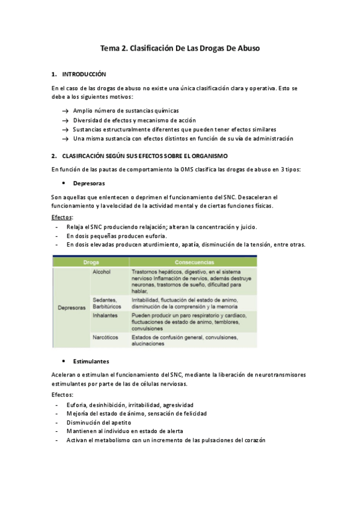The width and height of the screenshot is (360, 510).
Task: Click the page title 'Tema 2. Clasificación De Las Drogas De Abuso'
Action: click(x=180, y=48)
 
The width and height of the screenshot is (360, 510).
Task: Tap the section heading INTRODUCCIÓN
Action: click(x=84, y=75)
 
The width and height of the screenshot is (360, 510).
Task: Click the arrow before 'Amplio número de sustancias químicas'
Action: click(x=65, y=111)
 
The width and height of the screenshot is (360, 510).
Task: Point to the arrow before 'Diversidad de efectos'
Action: click(x=65, y=120)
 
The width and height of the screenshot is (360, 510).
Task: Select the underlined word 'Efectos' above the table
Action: click(x=61, y=217)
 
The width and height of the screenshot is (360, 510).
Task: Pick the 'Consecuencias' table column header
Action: click(x=194, y=262)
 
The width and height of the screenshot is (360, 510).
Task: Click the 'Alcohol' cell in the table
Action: click(x=102, y=272)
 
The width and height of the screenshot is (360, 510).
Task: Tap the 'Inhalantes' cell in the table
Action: click(x=105, y=315)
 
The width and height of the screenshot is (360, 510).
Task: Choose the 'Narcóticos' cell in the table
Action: click(x=106, y=337)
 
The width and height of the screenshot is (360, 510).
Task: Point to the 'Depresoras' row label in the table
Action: click(x=72, y=308)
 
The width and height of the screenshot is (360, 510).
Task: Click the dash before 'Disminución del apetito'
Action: click(x=56, y=422)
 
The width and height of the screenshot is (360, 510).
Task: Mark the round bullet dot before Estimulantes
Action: click(x=64, y=361)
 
